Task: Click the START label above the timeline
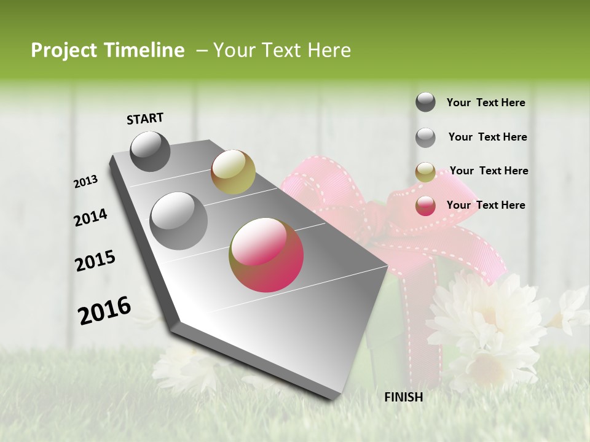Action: point(145,118)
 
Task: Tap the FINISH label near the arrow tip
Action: point(403,397)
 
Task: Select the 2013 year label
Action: point(85,182)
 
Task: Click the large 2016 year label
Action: point(104,310)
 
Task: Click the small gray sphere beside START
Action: point(150,151)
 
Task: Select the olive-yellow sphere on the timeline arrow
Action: point(233,172)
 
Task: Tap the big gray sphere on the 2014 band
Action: point(179,220)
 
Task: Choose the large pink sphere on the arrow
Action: point(266,255)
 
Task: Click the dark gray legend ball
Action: point(425,103)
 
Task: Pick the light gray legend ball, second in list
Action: point(425,138)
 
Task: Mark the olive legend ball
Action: point(425,172)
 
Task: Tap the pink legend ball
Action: point(425,206)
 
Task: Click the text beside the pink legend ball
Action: point(486,205)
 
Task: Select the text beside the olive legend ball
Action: point(489,171)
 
